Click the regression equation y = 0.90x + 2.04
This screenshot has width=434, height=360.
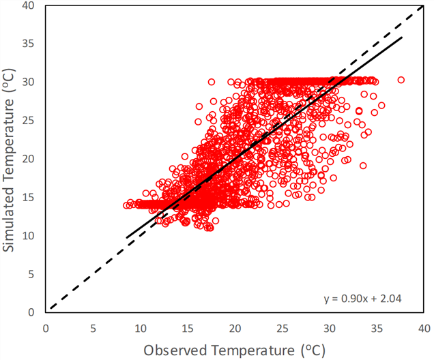coord(362,299)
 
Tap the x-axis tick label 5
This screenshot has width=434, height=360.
coord(93,329)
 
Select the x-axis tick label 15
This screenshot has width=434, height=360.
coord(188,329)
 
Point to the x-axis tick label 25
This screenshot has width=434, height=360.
coord(282,329)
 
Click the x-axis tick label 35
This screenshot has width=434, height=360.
coord(377,329)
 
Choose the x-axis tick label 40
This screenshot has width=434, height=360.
coord(424,329)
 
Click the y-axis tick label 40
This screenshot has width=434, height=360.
coord(28,5)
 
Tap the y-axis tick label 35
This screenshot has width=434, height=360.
coord(28,44)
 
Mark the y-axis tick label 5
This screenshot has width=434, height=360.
coord(31,274)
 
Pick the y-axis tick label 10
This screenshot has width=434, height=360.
coord(28,236)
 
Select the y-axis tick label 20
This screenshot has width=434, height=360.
coord(28,159)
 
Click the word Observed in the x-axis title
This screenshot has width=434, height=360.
coord(175,350)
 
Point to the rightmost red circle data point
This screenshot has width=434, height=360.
coord(401,80)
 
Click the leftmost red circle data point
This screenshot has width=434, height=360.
coord(126,205)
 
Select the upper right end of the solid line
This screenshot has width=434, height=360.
coord(402,37)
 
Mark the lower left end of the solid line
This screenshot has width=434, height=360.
coord(126,237)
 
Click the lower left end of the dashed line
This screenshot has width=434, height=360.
coord(50,308)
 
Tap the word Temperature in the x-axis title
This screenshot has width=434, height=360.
coord(254,350)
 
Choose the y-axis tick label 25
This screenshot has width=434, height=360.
coord(28,121)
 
